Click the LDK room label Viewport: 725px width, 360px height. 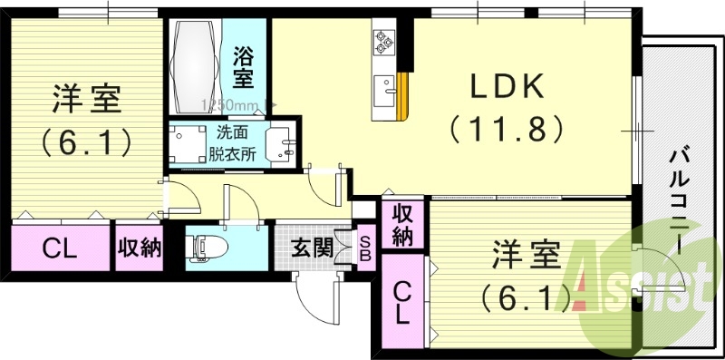point(506,88)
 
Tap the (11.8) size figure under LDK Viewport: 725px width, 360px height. point(506,128)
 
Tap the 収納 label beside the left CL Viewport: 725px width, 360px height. point(139,247)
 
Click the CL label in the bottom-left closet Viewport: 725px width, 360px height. point(59,247)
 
